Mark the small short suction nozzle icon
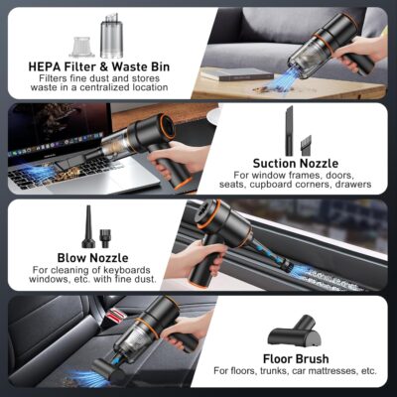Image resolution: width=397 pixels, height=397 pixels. (x=307, y=143)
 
